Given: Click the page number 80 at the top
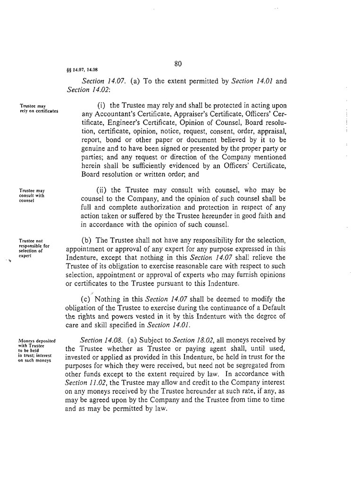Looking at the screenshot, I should coord(178,64).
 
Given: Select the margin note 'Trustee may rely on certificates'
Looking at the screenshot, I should coord(39,109).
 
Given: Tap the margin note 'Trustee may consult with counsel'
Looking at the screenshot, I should coord(32,195).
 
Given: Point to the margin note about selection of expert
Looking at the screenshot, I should coord(34,249).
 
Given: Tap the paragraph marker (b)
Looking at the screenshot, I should coord(87,241).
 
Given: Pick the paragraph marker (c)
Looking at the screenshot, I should coord(86,299).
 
